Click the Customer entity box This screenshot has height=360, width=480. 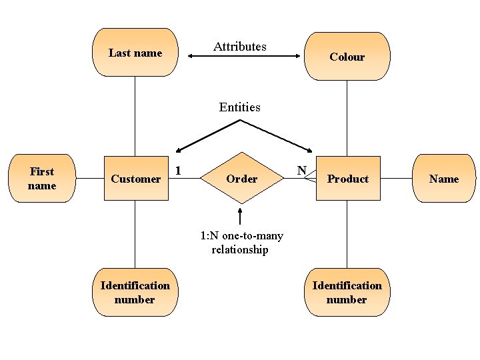click(135, 179)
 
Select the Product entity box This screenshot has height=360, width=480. click(347, 179)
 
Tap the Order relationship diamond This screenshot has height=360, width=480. click(241, 179)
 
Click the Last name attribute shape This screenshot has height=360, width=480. click(135, 53)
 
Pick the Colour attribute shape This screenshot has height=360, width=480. click(347, 57)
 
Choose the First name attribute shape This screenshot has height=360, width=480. click(41, 179)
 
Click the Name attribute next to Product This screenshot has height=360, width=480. click(444, 179)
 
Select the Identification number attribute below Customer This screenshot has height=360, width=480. click(135, 292)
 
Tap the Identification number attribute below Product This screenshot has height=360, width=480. click(347, 292)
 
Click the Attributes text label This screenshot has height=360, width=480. click(239, 47)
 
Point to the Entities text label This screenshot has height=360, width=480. click(239, 107)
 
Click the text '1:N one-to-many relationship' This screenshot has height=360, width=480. click(241, 243)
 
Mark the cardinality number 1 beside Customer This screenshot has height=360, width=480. click(178, 170)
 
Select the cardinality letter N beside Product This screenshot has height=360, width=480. click(301, 171)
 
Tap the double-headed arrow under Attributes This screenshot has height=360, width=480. click(244, 57)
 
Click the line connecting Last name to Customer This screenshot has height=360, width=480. click(135, 116)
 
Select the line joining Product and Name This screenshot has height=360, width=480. click(396, 179)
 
